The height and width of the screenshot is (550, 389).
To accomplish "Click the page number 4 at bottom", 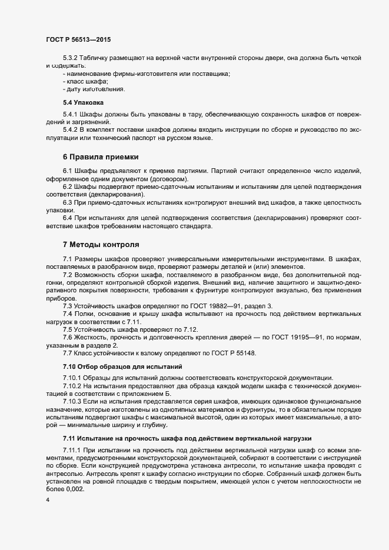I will pos(46,501).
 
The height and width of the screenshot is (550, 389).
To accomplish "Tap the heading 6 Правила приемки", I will pos(101,157).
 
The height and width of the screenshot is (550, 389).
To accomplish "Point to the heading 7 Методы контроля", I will pos(101,244).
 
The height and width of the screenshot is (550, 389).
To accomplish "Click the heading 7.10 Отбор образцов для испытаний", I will pos(122,366).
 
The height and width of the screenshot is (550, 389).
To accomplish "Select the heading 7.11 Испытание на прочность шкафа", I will pos(188,439).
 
